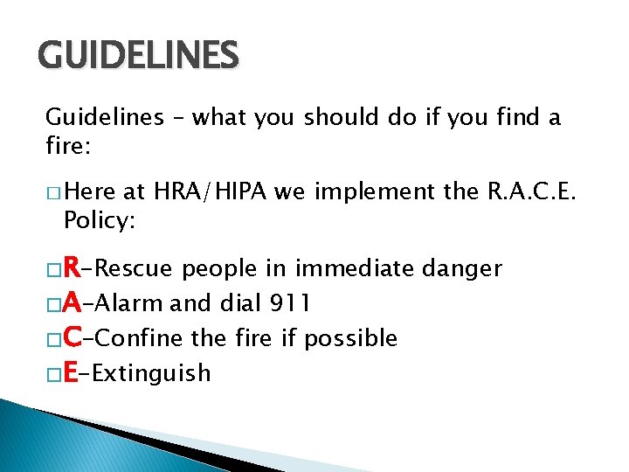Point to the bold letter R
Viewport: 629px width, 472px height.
pos(74,267)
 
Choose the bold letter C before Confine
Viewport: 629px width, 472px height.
pos(74,337)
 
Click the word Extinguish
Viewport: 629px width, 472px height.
pos(151,374)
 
